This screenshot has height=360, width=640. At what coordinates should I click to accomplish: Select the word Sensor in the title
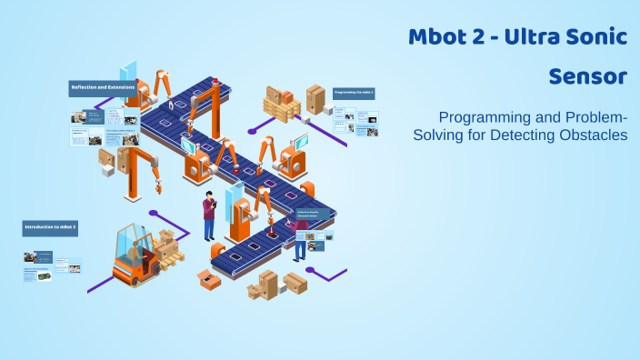pos(587,77)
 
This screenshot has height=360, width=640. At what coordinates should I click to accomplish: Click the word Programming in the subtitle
pos(482,118)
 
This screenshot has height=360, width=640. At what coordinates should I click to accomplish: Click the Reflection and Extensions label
pos(103,88)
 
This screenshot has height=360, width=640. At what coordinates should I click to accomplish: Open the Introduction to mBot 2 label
pos(50,225)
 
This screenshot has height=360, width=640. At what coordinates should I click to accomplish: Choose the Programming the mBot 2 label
pos(354,93)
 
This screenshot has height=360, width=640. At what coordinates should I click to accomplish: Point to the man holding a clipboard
pos(209,215)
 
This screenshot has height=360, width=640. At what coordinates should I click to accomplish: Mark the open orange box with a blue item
pos(210,280)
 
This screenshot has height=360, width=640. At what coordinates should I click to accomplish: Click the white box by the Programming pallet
pos(315,96)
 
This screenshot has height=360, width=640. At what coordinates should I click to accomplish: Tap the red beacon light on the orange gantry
pos(215,81)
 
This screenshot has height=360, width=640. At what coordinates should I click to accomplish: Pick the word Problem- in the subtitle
pos(590,118)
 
